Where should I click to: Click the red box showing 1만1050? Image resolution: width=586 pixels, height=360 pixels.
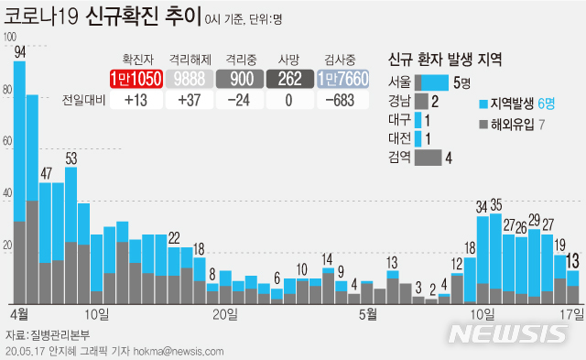[x=136, y=80]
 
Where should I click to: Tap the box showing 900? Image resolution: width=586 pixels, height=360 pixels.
[x=241, y=80]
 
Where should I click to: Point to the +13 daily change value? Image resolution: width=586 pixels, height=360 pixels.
[x=136, y=101]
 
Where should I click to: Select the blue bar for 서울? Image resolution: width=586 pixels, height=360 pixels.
[x=431, y=82]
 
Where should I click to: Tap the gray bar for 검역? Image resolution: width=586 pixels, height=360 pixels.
[x=428, y=157]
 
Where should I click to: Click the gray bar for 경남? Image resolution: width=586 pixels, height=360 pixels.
[x=421, y=101]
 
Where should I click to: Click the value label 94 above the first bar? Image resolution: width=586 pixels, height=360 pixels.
[x=19, y=52]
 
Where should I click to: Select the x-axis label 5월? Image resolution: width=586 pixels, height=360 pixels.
[x=368, y=314]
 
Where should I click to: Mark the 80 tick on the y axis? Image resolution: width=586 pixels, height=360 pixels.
[x=9, y=90]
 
